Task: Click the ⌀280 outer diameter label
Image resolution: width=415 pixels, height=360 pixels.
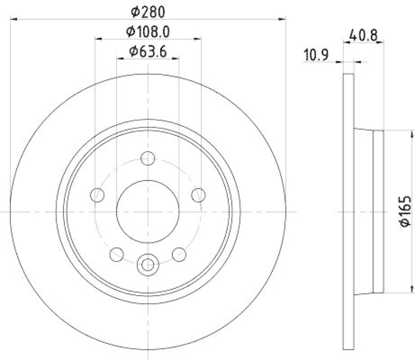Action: point(148,10)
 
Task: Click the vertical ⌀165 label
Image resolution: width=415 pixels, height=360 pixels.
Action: point(406,211)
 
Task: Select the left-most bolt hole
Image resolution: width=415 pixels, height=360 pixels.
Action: point(97,195)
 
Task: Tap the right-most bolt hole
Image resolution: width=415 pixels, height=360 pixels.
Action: point(199,195)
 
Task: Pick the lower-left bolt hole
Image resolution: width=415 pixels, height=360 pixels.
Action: point(117,254)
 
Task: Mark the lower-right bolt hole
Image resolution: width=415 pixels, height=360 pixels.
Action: point(179,254)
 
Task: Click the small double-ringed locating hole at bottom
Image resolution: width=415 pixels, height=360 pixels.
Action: point(148,264)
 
